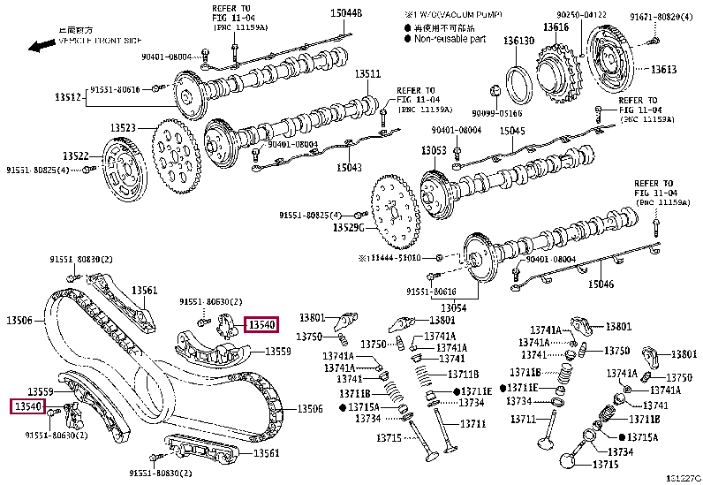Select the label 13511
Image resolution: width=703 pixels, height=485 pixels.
click(367, 75)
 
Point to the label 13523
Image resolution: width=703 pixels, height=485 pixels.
click(123, 128)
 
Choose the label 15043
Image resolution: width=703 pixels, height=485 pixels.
click(349, 167)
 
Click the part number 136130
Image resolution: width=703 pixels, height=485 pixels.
click(518, 42)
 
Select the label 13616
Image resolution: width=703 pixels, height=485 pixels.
click(556, 28)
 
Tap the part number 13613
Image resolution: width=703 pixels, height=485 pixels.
click(663, 70)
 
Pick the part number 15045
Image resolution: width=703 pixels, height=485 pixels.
click(512, 132)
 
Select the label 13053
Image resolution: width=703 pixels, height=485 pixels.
click(434, 151)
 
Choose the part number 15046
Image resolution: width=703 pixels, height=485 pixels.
click(601, 284)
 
